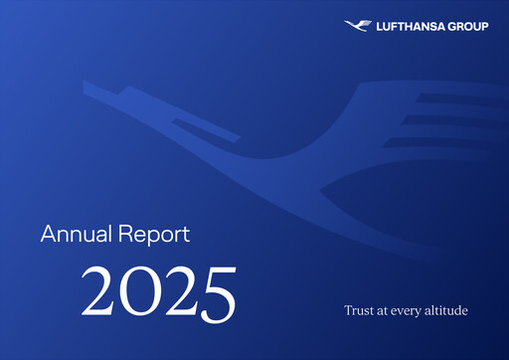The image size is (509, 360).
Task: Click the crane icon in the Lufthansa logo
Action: pos(356,26)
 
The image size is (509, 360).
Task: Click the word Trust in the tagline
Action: pos(358,311)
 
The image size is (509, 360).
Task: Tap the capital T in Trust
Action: pos(347,311)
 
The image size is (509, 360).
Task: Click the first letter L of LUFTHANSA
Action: pos(376,27)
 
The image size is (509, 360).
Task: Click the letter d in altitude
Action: pos(457,311)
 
